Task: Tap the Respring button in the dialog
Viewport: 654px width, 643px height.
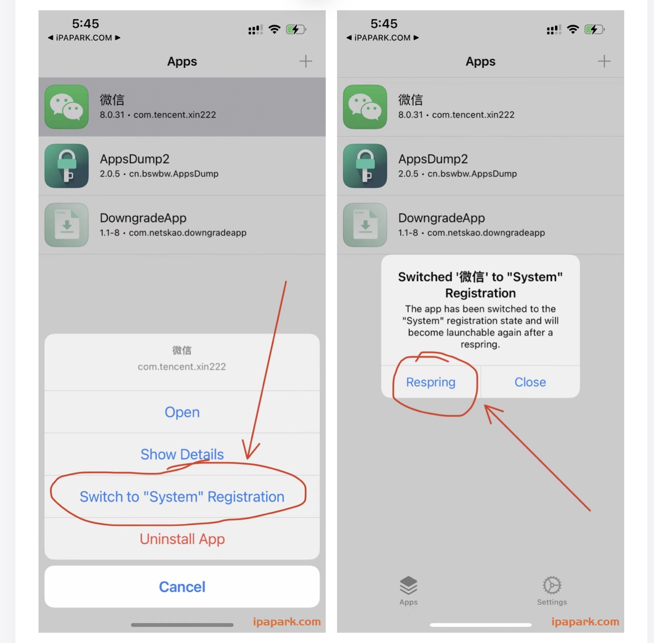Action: tap(431, 382)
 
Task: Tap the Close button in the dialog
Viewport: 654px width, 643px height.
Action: tap(530, 382)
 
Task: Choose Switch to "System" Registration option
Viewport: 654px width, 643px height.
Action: tap(182, 496)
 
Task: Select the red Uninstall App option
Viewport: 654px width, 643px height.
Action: tap(182, 539)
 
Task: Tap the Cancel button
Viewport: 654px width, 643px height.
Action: tap(182, 586)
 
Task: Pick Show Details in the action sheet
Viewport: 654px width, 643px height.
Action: tap(182, 454)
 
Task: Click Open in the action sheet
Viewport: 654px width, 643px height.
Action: tap(182, 412)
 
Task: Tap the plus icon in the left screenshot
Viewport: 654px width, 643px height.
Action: tap(306, 61)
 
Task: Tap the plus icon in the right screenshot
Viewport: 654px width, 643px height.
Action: tap(604, 61)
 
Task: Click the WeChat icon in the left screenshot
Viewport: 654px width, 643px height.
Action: tap(66, 106)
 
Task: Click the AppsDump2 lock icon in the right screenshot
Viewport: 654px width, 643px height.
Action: tap(365, 166)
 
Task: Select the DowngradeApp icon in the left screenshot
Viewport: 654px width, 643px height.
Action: tap(66, 225)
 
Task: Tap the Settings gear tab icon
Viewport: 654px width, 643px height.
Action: tap(552, 585)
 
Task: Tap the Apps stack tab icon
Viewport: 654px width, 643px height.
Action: tap(408, 585)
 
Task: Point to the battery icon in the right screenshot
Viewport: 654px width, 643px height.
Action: tap(594, 29)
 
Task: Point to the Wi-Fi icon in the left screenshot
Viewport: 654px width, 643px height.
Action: tap(274, 29)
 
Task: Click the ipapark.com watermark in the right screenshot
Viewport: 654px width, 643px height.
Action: tap(585, 621)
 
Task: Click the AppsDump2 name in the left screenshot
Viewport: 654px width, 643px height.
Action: tap(135, 159)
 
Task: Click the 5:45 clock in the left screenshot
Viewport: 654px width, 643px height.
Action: tap(85, 24)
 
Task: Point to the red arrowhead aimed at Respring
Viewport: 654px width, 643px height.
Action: tap(491, 411)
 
